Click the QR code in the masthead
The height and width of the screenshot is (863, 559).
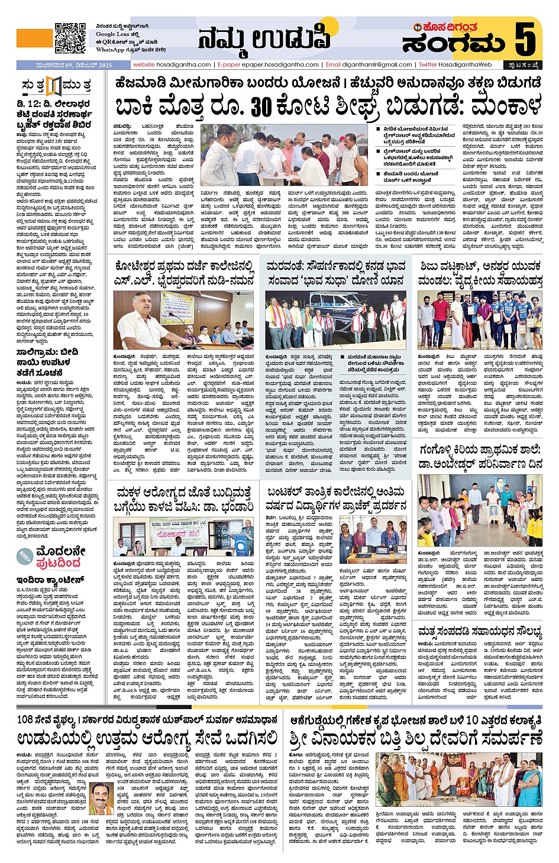70,38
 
